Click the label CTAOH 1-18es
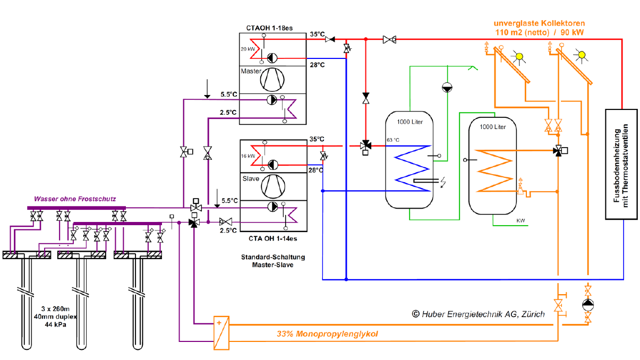pos(269,28)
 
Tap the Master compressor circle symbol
pos(272,80)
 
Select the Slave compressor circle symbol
pos(273,186)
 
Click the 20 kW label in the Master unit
pos(248,49)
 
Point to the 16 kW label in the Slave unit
pos(248,156)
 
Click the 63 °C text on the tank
pos(393,140)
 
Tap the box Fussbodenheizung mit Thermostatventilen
pos(621,164)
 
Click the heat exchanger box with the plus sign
pos(221,333)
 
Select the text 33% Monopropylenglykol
pos(327,333)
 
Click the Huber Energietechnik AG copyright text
pos(479,314)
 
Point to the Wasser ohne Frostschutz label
pos(75,199)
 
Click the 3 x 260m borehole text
pos(55,309)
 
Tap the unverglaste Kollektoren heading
pos(539,23)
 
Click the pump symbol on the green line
pos(447,88)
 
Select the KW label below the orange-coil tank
pos(520,220)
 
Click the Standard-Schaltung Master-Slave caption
pos(273,261)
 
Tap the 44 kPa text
pos(55,324)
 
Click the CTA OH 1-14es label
pos(273,238)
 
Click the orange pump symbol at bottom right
pos(588,305)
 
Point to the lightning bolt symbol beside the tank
pos(443,182)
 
